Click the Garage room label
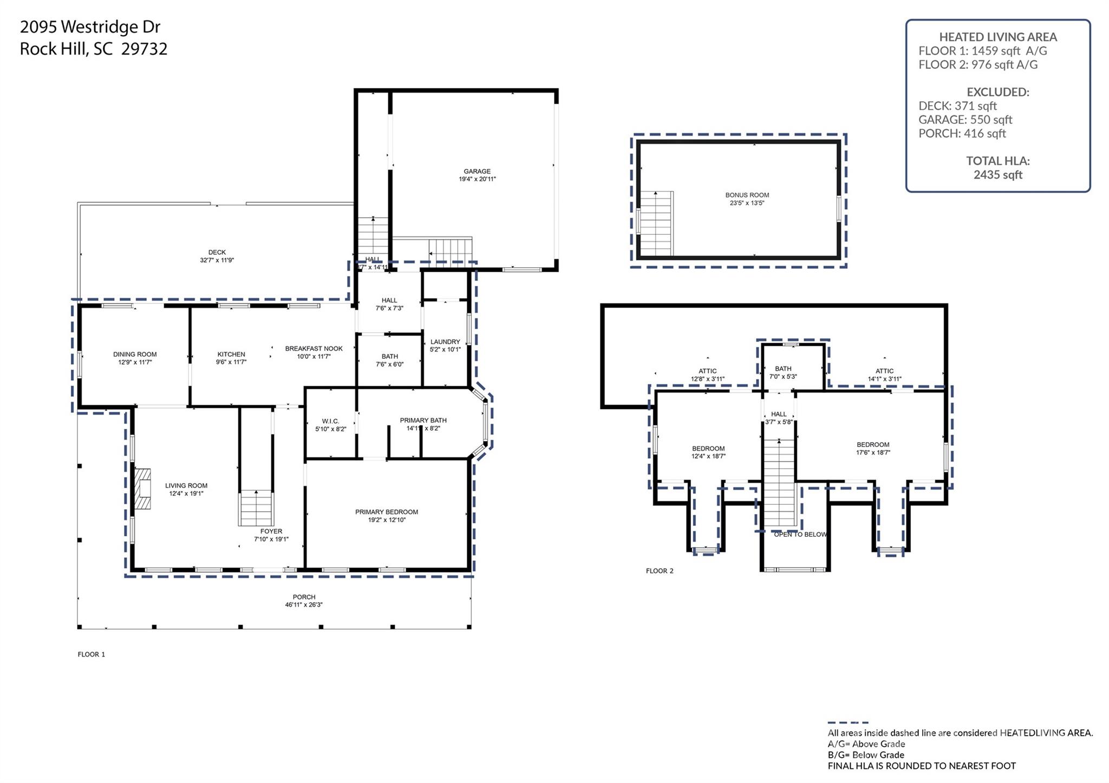477,172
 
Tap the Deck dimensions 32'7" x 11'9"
217,260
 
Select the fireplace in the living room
142,489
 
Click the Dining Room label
135,354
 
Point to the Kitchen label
231,354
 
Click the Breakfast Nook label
314,349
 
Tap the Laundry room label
445,342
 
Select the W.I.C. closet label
330,421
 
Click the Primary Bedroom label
387,512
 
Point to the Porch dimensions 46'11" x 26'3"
304,605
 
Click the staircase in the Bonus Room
656,223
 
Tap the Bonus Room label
747,195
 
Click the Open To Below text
800,535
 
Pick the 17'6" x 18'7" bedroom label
873,449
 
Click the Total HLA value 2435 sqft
997,175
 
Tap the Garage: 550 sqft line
965,120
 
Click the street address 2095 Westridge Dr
90,27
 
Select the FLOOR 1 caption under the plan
92,654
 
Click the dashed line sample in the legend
847,722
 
